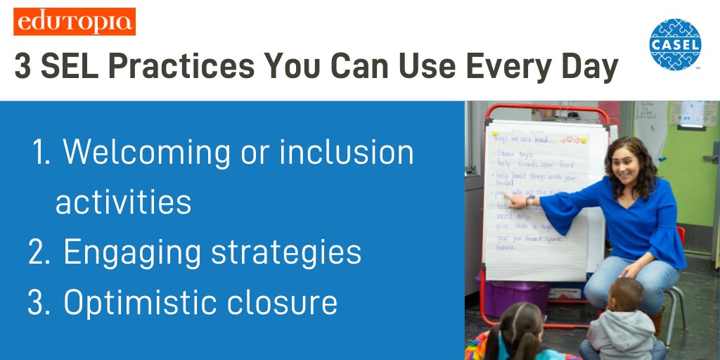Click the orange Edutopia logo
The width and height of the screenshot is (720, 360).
point(74,21)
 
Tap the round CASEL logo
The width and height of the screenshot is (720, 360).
point(675,44)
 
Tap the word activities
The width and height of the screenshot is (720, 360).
point(123,202)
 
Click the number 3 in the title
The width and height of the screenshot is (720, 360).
point(22,67)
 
